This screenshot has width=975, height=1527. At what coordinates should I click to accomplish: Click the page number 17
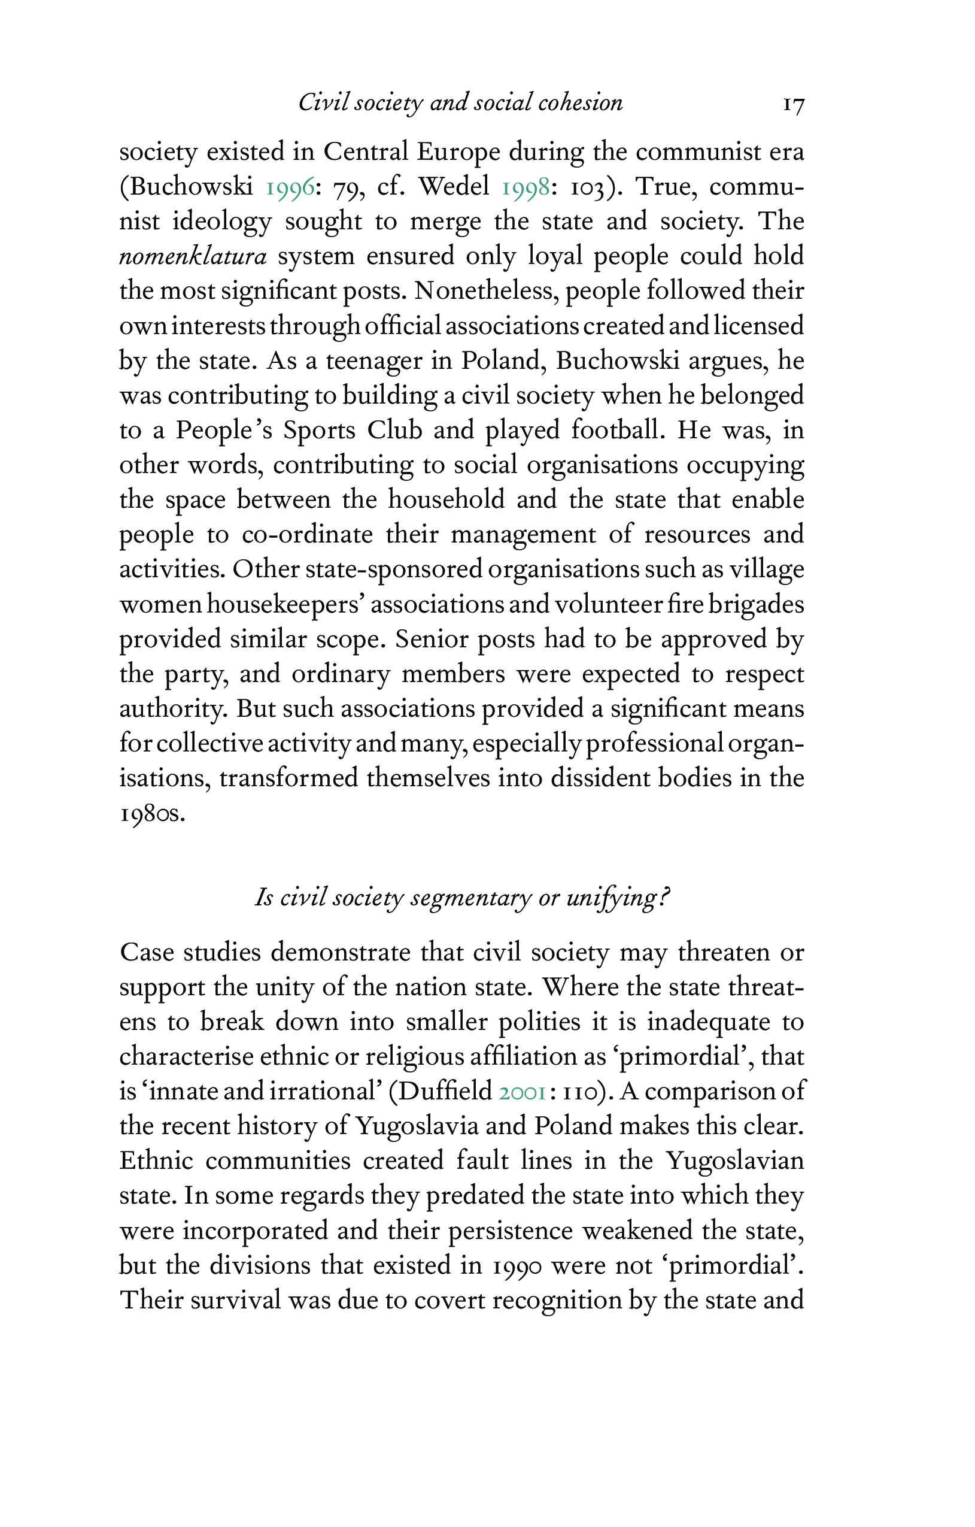[793, 104]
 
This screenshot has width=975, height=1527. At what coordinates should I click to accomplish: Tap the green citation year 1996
[290, 187]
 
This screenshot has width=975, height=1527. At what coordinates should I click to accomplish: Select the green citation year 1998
[526, 187]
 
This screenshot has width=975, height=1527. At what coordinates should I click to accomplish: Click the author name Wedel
[454, 186]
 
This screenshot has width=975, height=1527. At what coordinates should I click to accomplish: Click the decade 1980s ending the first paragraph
[152, 814]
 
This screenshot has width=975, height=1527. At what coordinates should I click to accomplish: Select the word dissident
[596, 778]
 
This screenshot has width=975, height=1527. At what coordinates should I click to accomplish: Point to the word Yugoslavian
[735, 1161]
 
